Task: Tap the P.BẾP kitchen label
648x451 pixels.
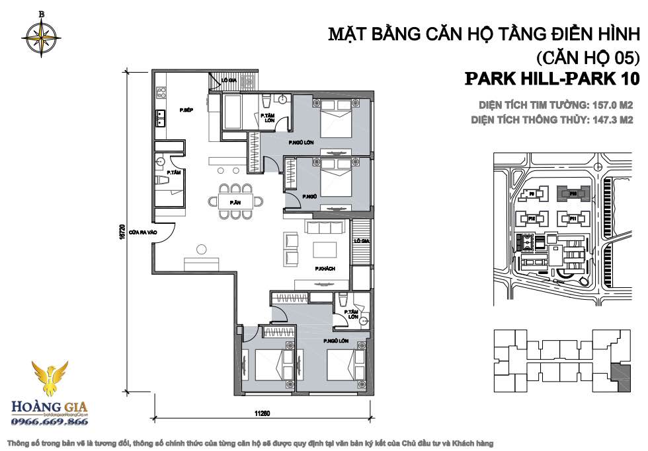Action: coord(186,109)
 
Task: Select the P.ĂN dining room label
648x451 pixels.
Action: coord(234,202)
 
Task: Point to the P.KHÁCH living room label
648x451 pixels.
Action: coord(323,269)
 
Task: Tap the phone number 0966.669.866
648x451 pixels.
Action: coord(47,421)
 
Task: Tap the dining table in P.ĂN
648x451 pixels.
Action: coord(234,201)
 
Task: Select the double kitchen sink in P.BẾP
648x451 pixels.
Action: coord(160,118)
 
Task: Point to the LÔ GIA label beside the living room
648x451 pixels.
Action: coord(360,242)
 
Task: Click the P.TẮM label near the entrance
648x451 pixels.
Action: coord(174,172)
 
